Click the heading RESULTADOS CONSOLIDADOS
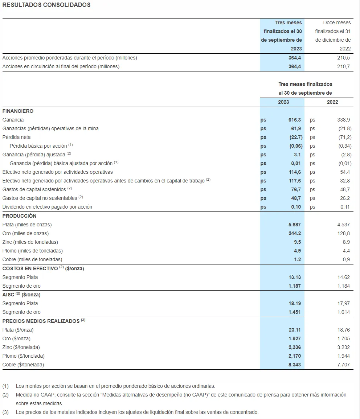click(46, 5)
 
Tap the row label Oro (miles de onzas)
click(25, 233)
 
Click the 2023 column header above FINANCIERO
click(283, 102)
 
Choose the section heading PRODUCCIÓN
click(19, 216)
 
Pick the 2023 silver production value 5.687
click(294, 225)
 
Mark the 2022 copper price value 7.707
click(343, 365)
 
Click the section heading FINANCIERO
click(18, 111)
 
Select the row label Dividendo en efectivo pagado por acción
click(47, 207)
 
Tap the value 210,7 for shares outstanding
click(344, 66)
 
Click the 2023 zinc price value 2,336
click(294, 347)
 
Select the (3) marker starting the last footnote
click(5, 412)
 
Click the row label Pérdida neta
click(16, 137)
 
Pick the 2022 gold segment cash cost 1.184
click(343, 286)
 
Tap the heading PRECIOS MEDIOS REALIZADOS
click(41, 321)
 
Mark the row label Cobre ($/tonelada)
click(23, 365)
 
